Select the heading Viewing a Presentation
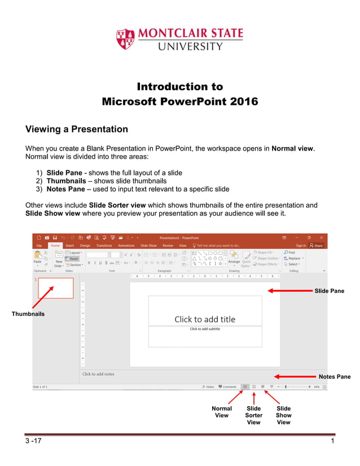tap(77, 129)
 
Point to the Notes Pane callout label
tap(334, 376)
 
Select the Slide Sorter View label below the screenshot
tap(254, 415)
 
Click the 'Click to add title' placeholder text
tap(205, 319)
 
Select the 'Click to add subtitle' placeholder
tap(205, 329)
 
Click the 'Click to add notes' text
tap(98, 374)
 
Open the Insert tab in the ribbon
tap(70, 245)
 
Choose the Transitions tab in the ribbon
tap(104, 245)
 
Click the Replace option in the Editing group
tap(294, 258)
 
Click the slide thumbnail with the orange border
tap(55, 288)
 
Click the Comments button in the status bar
tap(227, 386)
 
